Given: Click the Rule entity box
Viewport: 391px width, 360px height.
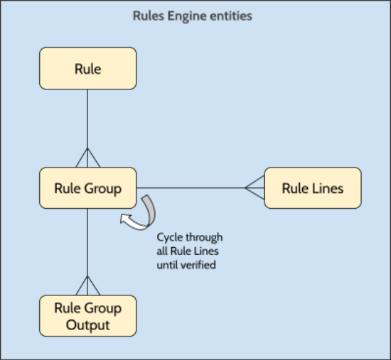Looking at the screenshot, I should pos(87,68).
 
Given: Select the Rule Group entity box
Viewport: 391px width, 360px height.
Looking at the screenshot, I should pos(87,188).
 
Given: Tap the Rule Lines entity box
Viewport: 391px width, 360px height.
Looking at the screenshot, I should pos(313,188).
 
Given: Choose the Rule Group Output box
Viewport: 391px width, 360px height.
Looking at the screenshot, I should pos(87,316).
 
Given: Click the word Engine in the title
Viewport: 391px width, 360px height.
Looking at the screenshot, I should pos(188,16).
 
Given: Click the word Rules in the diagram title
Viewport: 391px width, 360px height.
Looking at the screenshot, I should pos(149,16).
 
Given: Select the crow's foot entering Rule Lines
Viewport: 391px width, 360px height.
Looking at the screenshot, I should pos(255,188).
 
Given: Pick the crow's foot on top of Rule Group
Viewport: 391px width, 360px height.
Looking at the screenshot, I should pos(87,158).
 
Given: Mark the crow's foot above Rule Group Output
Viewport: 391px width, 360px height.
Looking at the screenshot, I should pos(87,286).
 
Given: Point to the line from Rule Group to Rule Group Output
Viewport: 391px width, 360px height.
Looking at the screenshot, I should pos(87,241).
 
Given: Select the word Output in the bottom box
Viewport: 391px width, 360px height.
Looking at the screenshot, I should pos(87,324).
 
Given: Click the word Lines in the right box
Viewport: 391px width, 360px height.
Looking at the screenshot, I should pos(328,188).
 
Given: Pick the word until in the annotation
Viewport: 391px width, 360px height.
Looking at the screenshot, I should pos(170,264).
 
